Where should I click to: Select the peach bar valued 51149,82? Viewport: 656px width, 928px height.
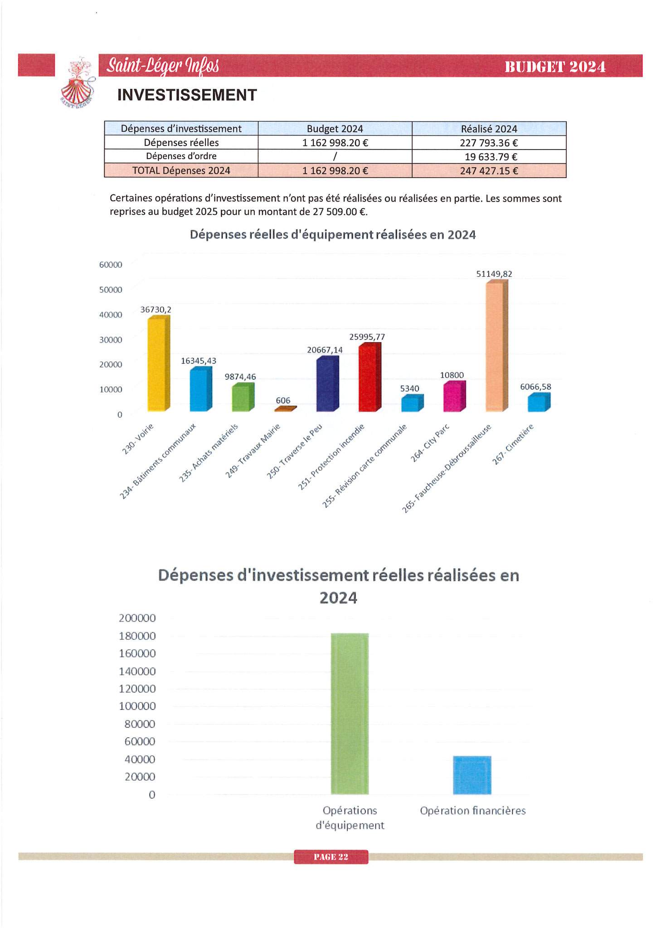495,347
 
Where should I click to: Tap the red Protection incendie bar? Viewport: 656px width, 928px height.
368,378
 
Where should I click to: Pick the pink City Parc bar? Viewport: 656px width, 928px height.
452,397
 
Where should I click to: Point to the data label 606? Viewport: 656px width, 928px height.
283,401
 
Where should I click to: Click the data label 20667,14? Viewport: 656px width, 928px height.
325,350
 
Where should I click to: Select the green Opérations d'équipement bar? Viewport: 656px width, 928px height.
350,714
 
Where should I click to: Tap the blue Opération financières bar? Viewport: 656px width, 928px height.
472,775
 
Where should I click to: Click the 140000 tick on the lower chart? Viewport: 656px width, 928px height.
137,671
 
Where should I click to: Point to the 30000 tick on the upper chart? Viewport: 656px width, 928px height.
111,340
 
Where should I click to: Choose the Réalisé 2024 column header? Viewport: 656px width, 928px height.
489,129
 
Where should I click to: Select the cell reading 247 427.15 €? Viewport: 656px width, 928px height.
489,171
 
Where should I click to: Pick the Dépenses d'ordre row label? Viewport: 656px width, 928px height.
181,156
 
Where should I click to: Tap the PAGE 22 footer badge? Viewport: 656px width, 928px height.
331,857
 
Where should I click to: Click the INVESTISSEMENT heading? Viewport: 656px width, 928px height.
187,95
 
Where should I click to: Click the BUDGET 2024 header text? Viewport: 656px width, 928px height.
555,67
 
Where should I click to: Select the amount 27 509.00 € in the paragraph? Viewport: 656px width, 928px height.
340,212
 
